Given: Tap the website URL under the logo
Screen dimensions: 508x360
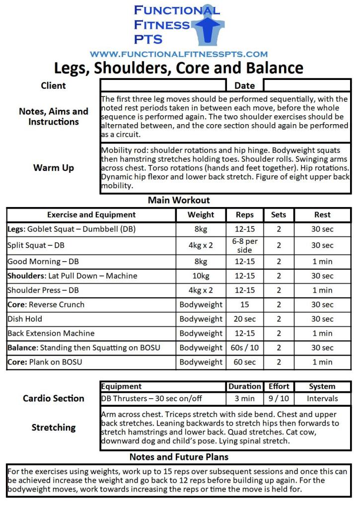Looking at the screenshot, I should [179, 54].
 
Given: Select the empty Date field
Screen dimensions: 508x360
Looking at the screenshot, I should [306, 85].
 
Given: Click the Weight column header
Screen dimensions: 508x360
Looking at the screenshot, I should [201, 215].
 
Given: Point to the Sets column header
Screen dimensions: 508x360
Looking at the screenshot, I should [279, 215].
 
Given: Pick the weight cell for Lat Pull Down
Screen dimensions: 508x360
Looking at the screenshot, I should [201, 276].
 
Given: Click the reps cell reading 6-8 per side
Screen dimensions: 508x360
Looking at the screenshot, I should [245, 245].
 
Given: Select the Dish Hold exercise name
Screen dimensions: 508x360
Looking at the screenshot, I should [25, 319].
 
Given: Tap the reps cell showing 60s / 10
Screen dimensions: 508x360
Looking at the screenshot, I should [245, 348].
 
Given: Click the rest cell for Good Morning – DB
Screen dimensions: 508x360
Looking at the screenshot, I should [323, 261].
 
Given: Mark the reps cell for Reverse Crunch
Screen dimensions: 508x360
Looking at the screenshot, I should [245, 304].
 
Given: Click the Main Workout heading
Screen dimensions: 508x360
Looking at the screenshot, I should [179, 201].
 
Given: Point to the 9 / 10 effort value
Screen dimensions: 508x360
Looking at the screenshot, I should [279, 398].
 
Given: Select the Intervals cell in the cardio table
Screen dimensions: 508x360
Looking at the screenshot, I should [322, 398].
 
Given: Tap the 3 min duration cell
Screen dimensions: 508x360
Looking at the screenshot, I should [245, 398].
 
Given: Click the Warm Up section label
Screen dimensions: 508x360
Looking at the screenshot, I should [54, 168].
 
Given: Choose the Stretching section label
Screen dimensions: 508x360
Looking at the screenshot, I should [54, 428].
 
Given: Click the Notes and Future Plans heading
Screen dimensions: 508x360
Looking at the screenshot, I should [179, 457].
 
